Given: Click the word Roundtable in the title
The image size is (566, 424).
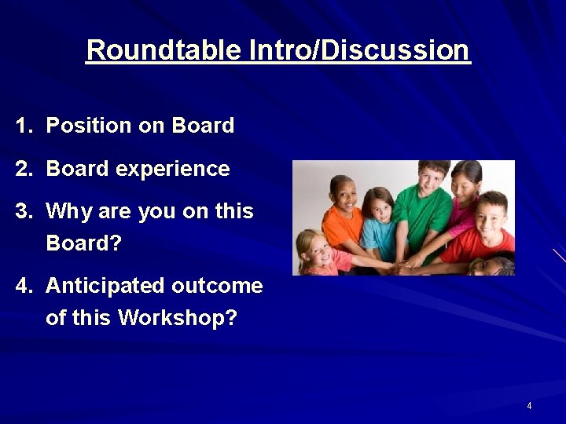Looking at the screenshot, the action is (x=164, y=49).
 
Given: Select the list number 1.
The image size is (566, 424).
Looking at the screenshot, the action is (x=24, y=126).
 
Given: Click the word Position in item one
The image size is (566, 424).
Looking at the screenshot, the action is (x=88, y=126).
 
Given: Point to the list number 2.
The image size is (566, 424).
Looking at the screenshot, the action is (x=24, y=168).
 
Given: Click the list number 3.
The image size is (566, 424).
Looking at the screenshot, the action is (x=24, y=210).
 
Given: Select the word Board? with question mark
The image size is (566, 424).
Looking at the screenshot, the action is (x=84, y=243).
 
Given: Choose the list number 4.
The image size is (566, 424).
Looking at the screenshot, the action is (x=24, y=286).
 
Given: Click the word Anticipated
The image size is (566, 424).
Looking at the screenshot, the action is (x=105, y=287).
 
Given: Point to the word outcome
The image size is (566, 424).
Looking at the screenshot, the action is (x=217, y=286).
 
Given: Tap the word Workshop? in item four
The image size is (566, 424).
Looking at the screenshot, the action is (x=178, y=318).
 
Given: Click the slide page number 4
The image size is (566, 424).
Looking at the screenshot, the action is (x=529, y=406).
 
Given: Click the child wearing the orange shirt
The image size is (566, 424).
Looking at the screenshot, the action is (x=342, y=217).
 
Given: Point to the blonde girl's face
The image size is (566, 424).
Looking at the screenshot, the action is (x=314, y=250).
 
